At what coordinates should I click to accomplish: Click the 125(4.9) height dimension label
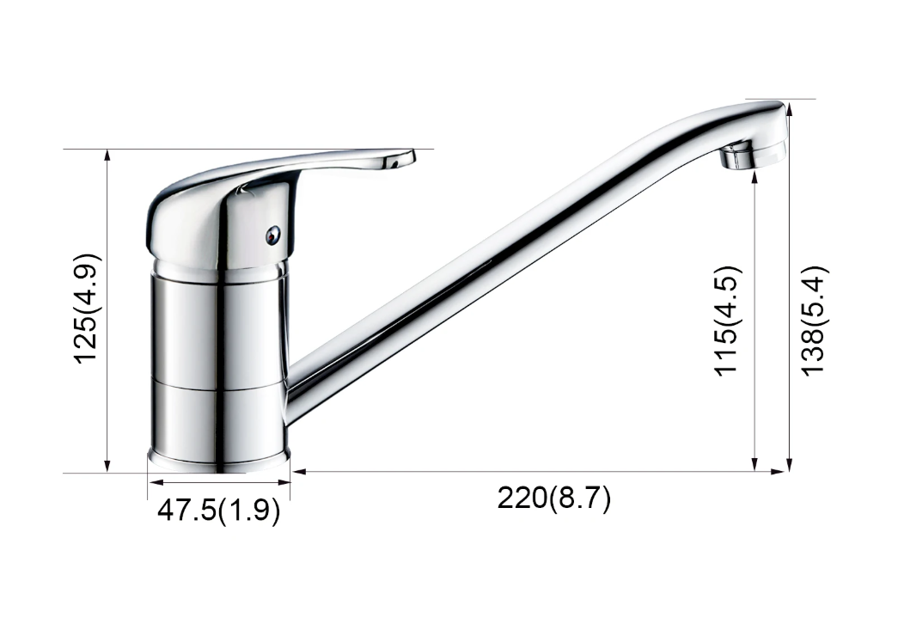[x=89, y=309]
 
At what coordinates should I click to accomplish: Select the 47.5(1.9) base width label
[x=218, y=511]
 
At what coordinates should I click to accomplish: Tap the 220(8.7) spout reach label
[x=554, y=498]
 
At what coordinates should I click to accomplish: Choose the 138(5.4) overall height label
[x=815, y=321]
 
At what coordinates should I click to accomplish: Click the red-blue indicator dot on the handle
[x=272, y=234]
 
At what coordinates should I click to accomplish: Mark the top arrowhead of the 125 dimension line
[x=107, y=155]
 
